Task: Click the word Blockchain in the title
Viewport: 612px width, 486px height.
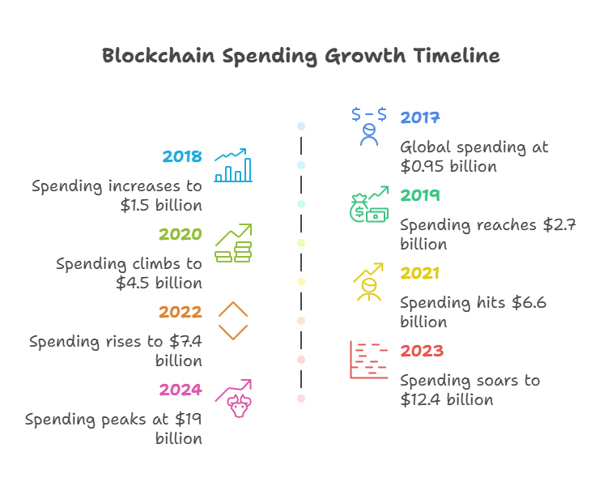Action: click(157, 56)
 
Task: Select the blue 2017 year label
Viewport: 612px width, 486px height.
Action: click(420, 118)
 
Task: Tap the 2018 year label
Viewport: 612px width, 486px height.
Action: click(182, 157)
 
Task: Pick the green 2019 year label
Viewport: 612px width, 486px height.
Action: click(420, 196)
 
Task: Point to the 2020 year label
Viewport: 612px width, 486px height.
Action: click(181, 235)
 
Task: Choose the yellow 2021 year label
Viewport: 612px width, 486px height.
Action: click(420, 274)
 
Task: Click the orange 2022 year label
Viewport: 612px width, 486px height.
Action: click(181, 313)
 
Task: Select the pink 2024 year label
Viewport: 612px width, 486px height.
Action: click(181, 390)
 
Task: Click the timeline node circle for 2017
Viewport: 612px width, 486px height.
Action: click(301, 126)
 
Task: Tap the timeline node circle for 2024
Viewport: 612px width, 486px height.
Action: click(301, 399)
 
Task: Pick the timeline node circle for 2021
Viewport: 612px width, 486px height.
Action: click(301, 282)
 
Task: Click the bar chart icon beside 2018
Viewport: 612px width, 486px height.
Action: click(233, 165)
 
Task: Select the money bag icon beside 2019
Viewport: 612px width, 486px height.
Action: click(368, 204)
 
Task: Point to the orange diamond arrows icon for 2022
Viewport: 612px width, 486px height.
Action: click(233, 321)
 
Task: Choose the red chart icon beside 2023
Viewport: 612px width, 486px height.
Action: click(368, 360)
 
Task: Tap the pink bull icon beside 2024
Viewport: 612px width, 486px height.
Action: click(234, 398)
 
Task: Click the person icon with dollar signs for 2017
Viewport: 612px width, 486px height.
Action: click(369, 126)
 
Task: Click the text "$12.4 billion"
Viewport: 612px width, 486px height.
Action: click(447, 399)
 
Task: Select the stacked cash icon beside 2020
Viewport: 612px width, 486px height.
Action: click(233, 243)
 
